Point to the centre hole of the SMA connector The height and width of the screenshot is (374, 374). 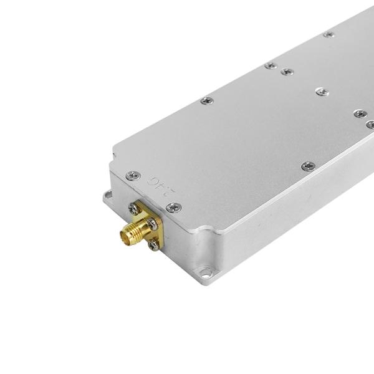pyautogui.click(x=125, y=236)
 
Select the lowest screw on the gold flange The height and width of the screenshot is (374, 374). pyautogui.click(x=153, y=246)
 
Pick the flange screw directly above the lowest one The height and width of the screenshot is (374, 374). pyautogui.click(x=152, y=223)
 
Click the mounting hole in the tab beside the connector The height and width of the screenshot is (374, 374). pyautogui.click(x=108, y=195)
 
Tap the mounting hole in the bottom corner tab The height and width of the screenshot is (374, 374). pyautogui.click(x=204, y=272)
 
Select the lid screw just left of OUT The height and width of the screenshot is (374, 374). pyautogui.click(x=133, y=176)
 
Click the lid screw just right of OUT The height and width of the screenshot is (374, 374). pyautogui.click(x=174, y=207)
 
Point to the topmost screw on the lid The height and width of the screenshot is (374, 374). pyautogui.click(x=328, y=34)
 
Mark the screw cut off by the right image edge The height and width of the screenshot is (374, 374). pyautogui.click(x=370, y=125)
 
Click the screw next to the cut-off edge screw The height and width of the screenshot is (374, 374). pyautogui.click(x=360, y=113)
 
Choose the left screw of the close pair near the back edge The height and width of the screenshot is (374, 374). pyautogui.click(x=271, y=65)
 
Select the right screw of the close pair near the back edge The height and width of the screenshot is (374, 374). pyautogui.click(x=287, y=72)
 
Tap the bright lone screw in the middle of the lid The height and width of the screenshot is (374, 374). pyautogui.click(x=322, y=92)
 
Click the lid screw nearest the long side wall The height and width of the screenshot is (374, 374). pyautogui.click(x=308, y=166)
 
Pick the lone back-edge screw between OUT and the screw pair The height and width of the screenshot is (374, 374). pyautogui.click(x=206, y=100)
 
